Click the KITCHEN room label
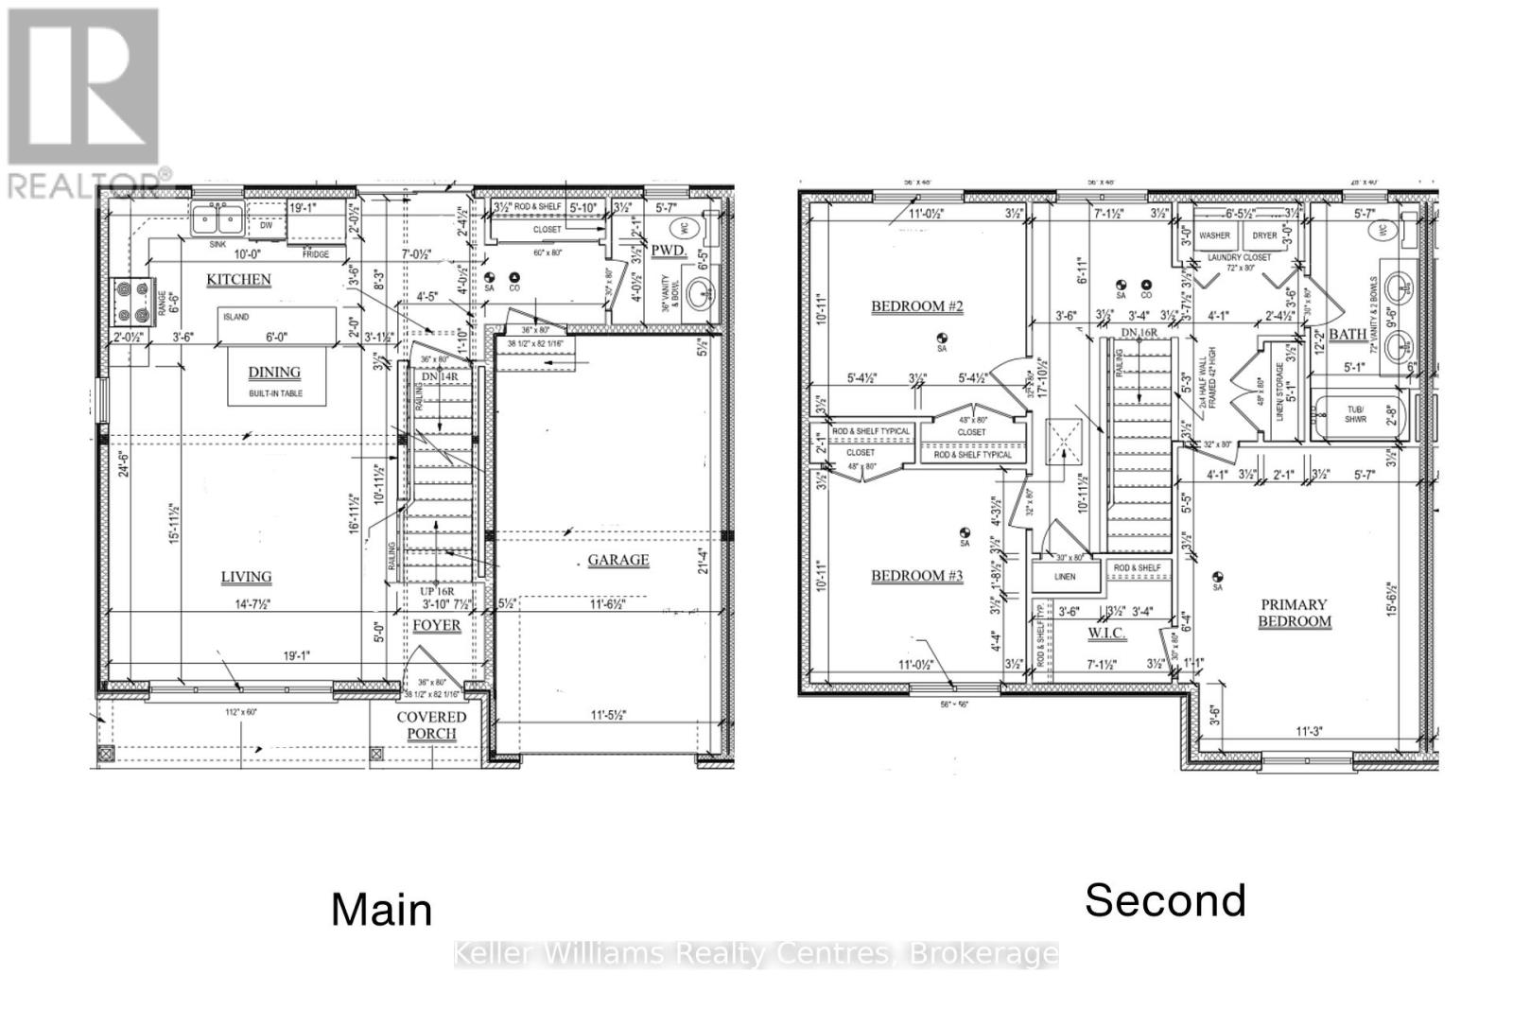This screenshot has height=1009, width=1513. point(238,280)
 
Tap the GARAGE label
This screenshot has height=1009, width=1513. point(618,560)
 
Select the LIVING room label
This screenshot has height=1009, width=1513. point(246,577)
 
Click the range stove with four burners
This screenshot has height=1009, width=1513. point(131,300)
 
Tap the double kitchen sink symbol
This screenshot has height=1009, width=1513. point(217,221)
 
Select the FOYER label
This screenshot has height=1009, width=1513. point(436,625)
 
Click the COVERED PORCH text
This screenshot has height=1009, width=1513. point(432,725)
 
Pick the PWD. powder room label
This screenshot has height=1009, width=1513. point(667,250)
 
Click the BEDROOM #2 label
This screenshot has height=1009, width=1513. point(916,306)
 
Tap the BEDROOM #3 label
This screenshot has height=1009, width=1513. point(916,576)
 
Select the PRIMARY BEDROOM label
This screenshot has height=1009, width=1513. point(1294,613)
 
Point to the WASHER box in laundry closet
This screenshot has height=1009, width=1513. point(1214,235)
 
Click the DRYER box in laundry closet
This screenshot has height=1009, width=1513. point(1264,235)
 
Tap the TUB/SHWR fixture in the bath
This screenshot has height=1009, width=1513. point(1355,415)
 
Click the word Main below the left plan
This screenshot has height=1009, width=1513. point(382,910)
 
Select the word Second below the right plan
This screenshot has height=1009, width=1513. point(1165,899)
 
